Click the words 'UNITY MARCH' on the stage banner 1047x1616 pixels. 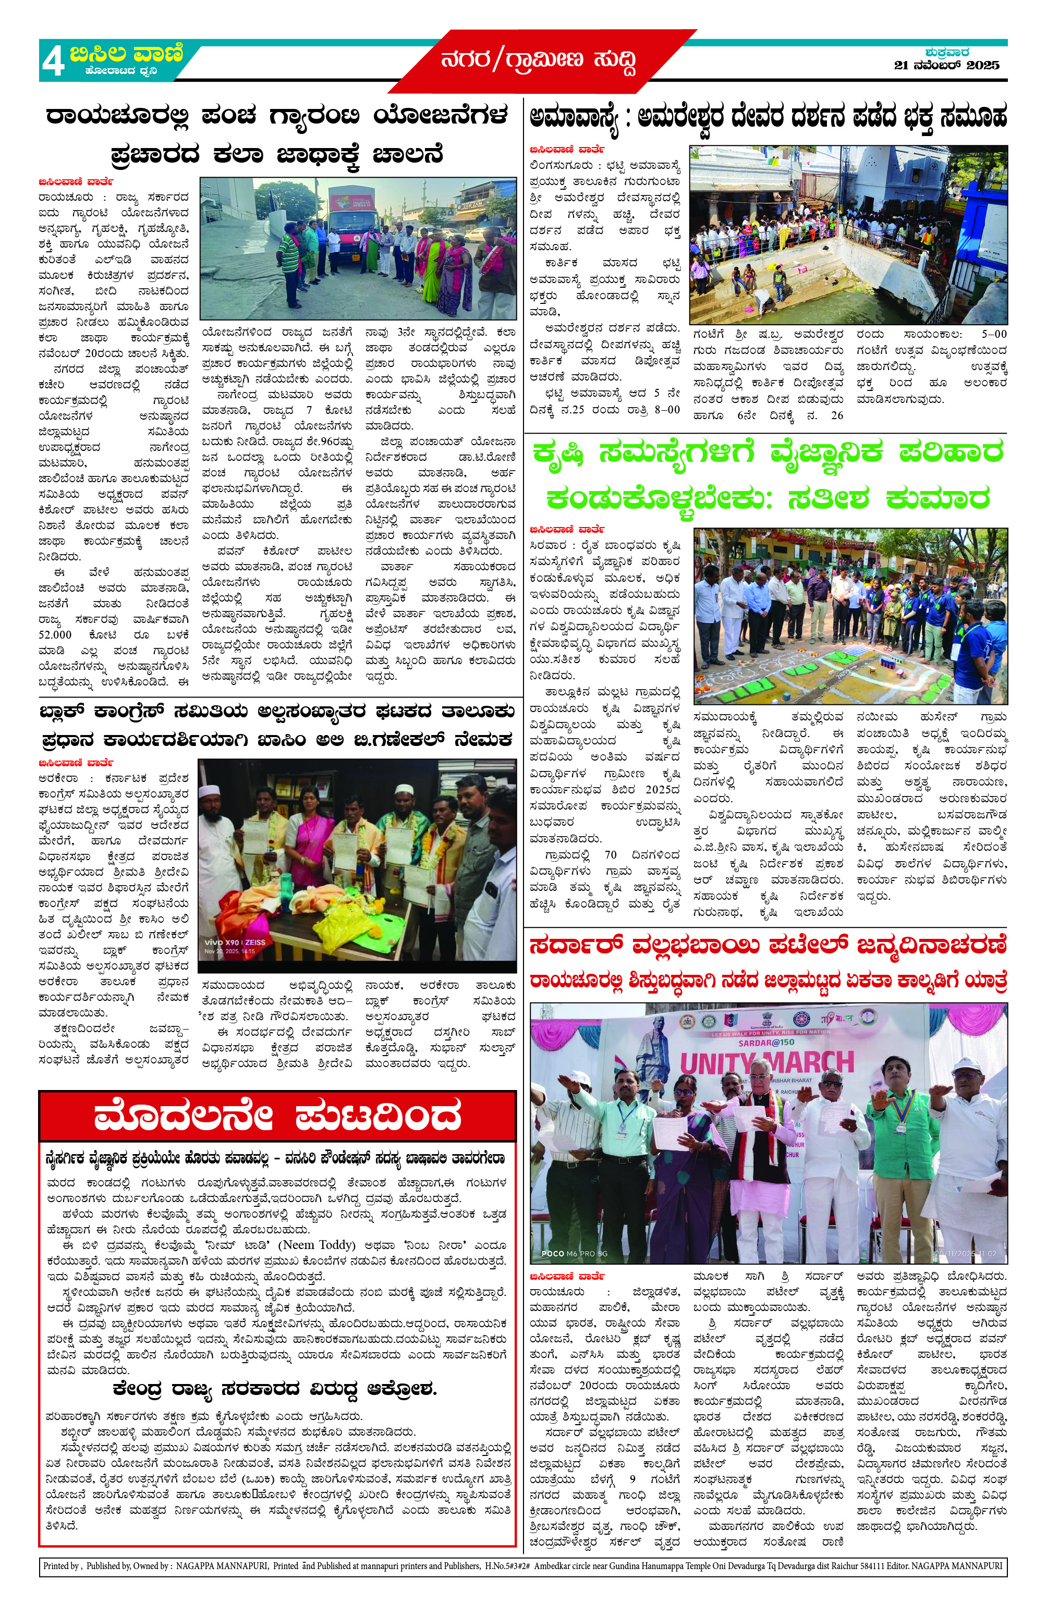766,1062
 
